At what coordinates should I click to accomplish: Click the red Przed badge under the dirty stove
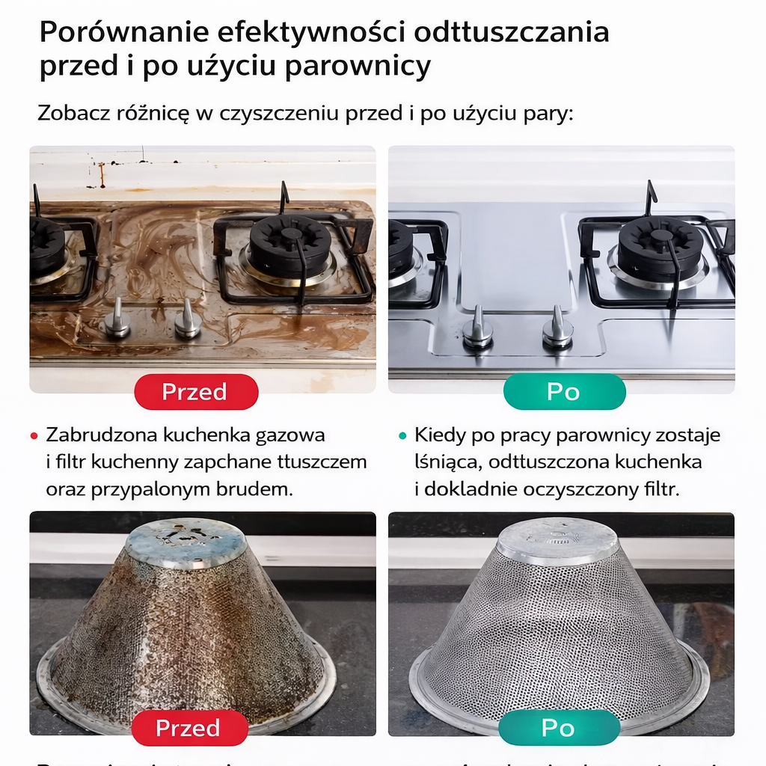pyautogui.click(x=196, y=392)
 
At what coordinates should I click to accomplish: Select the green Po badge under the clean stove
pyautogui.click(x=564, y=392)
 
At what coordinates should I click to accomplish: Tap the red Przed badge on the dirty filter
pyautogui.click(x=189, y=728)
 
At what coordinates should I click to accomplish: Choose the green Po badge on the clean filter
pyautogui.click(x=559, y=728)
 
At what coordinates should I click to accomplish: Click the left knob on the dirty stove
pyautogui.click(x=117, y=319)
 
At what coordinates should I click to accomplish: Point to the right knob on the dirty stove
pyautogui.click(x=187, y=321)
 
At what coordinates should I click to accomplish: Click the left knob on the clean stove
pyautogui.click(x=477, y=329)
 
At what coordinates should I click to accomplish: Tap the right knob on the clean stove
pyautogui.click(x=557, y=329)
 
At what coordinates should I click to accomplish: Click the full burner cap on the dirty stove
pyautogui.click(x=290, y=244)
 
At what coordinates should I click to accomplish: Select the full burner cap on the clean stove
pyautogui.click(x=660, y=247)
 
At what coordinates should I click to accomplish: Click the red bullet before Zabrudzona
pyautogui.click(x=34, y=435)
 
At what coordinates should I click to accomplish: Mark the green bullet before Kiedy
pyautogui.click(x=402, y=435)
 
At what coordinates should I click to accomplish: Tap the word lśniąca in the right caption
pyautogui.click(x=446, y=462)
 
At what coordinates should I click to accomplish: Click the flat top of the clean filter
pyautogui.click(x=557, y=536)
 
